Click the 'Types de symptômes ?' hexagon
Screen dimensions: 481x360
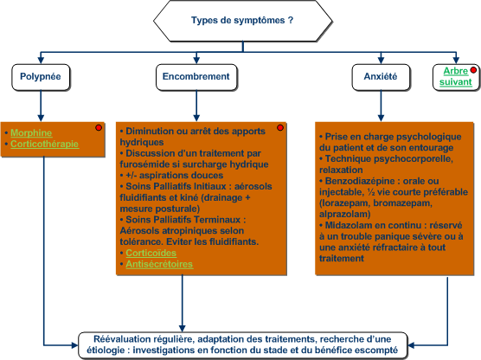click(242, 21)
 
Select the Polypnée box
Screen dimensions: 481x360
click(41, 77)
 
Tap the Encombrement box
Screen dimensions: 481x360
click(196, 77)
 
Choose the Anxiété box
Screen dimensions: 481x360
click(381, 77)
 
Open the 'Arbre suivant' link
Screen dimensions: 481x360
click(456, 76)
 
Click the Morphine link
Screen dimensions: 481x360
click(31, 133)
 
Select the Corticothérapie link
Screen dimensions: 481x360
click(45, 144)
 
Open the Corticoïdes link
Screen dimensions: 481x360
click(151, 253)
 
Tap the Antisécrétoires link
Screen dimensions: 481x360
click(159, 264)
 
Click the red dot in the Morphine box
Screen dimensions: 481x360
click(99, 128)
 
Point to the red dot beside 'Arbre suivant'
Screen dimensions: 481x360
click(473, 70)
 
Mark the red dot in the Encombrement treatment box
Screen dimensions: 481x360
click(280, 128)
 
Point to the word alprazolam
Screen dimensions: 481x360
click(345, 215)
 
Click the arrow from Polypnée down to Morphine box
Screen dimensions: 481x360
click(41, 106)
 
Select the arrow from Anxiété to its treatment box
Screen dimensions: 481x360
click(381, 106)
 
